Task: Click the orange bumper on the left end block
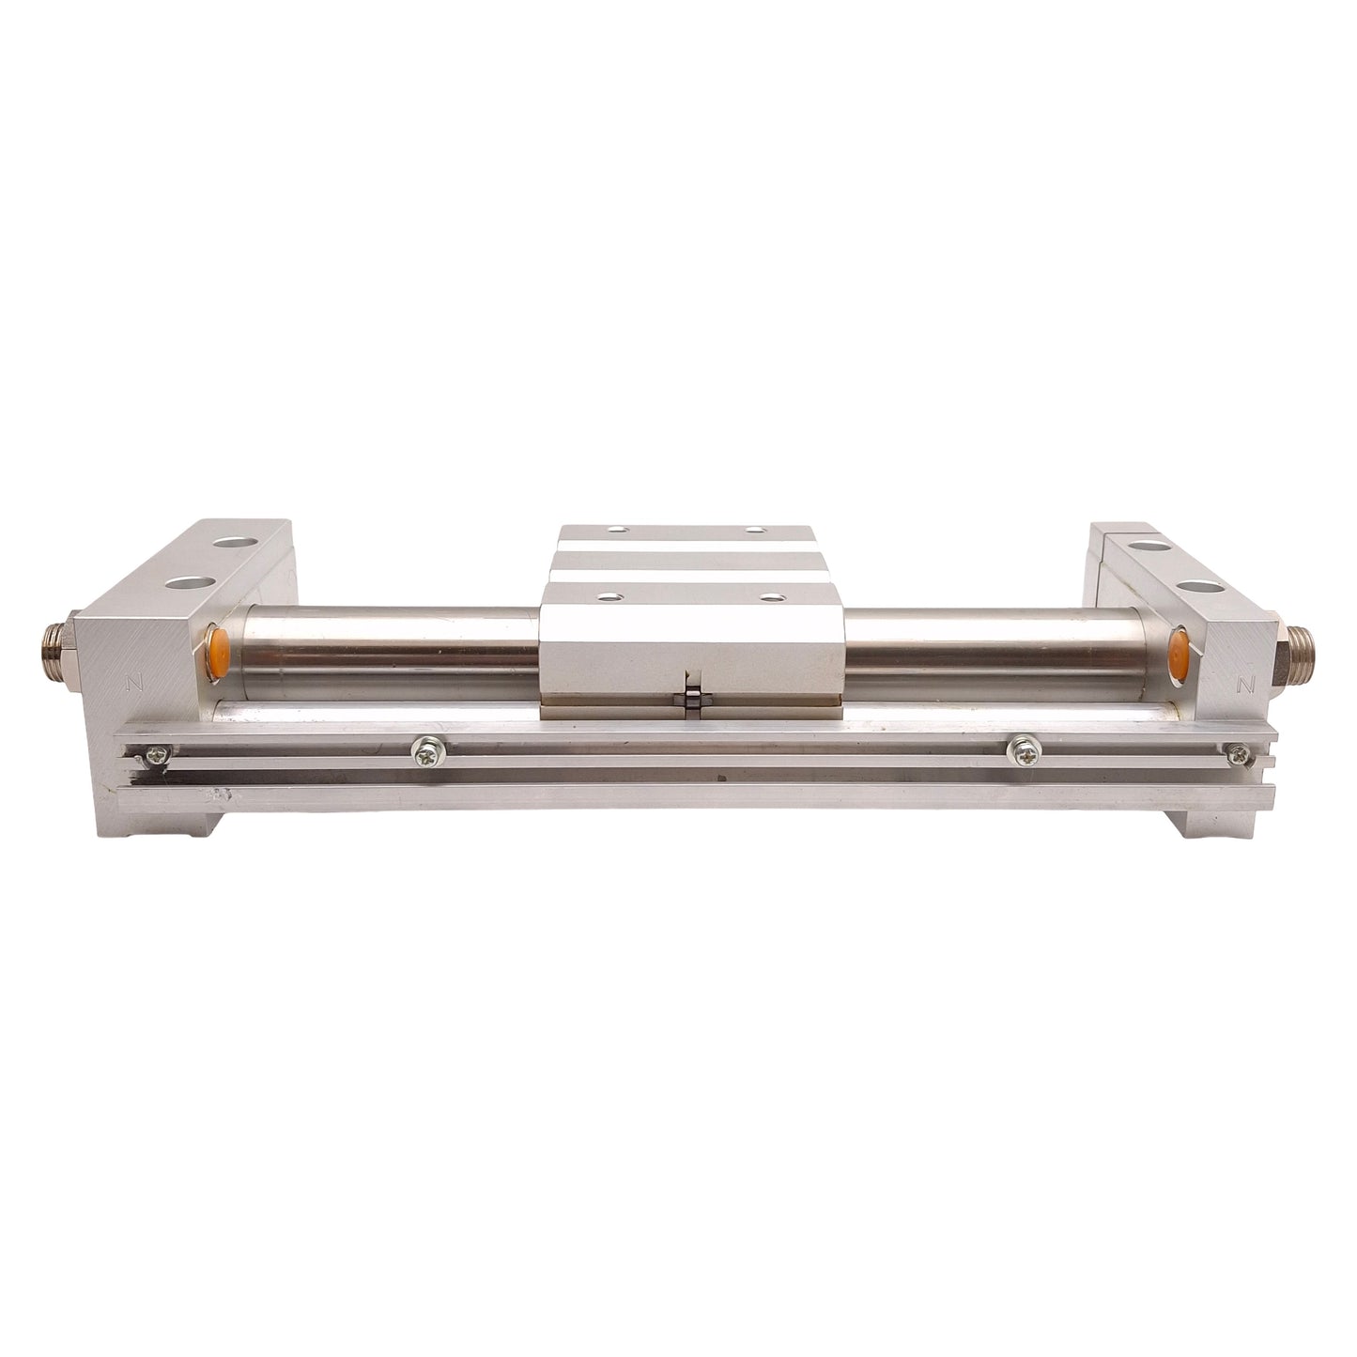pos(217,653)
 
